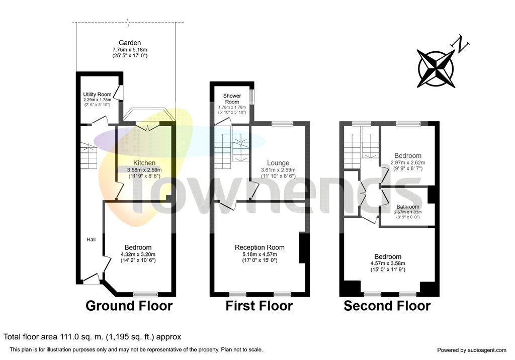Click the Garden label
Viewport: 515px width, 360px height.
(x=130, y=43)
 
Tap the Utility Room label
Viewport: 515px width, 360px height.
(x=97, y=95)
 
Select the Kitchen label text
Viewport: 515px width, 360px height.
(x=144, y=163)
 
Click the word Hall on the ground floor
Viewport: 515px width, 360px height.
(x=92, y=239)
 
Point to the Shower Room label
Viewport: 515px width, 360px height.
(x=232, y=99)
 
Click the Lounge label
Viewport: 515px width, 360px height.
(x=278, y=163)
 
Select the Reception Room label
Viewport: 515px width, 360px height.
(x=260, y=248)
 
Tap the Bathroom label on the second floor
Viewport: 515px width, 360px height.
(x=408, y=207)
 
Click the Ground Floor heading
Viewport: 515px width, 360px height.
(x=129, y=306)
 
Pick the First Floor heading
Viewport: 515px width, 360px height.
(x=259, y=306)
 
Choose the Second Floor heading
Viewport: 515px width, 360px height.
(x=387, y=306)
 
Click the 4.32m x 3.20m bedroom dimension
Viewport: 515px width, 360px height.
(x=138, y=254)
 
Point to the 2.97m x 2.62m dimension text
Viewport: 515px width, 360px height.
(x=408, y=162)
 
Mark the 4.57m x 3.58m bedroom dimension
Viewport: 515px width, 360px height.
(x=388, y=263)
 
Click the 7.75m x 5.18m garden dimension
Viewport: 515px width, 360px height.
(x=130, y=50)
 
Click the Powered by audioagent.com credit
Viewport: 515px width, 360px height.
(x=472, y=350)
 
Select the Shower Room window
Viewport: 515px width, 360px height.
(x=251, y=97)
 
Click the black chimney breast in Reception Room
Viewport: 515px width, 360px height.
(x=302, y=248)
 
